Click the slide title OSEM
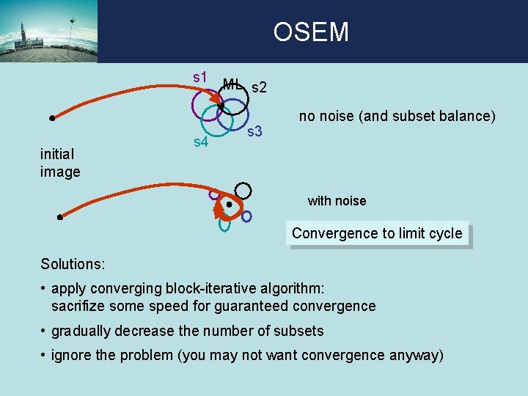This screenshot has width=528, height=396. pyautogui.click(x=311, y=32)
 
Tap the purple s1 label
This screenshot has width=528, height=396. pyautogui.click(x=200, y=76)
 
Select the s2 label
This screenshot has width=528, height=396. pyautogui.click(x=259, y=88)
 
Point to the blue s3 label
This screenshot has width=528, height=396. pyautogui.click(x=254, y=132)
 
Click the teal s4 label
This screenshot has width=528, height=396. pyautogui.click(x=200, y=141)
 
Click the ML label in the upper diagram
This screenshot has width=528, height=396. pyautogui.click(x=232, y=84)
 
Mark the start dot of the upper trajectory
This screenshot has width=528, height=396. pyautogui.click(x=53, y=117)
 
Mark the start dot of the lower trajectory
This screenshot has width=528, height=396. pyautogui.click(x=60, y=217)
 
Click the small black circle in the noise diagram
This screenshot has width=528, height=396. pyautogui.click(x=243, y=191)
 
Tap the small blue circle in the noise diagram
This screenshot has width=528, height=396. pyautogui.click(x=246, y=216)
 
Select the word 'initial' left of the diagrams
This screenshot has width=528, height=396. pyautogui.click(x=58, y=155)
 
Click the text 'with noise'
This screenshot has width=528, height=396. pyautogui.click(x=337, y=201)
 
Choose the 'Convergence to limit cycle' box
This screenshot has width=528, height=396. pyautogui.click(x=377, y=234)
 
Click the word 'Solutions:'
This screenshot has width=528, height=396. pyautogui.click(x=73, y=263)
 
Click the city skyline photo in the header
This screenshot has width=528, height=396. pyautogui.click(x=48, y=32)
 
